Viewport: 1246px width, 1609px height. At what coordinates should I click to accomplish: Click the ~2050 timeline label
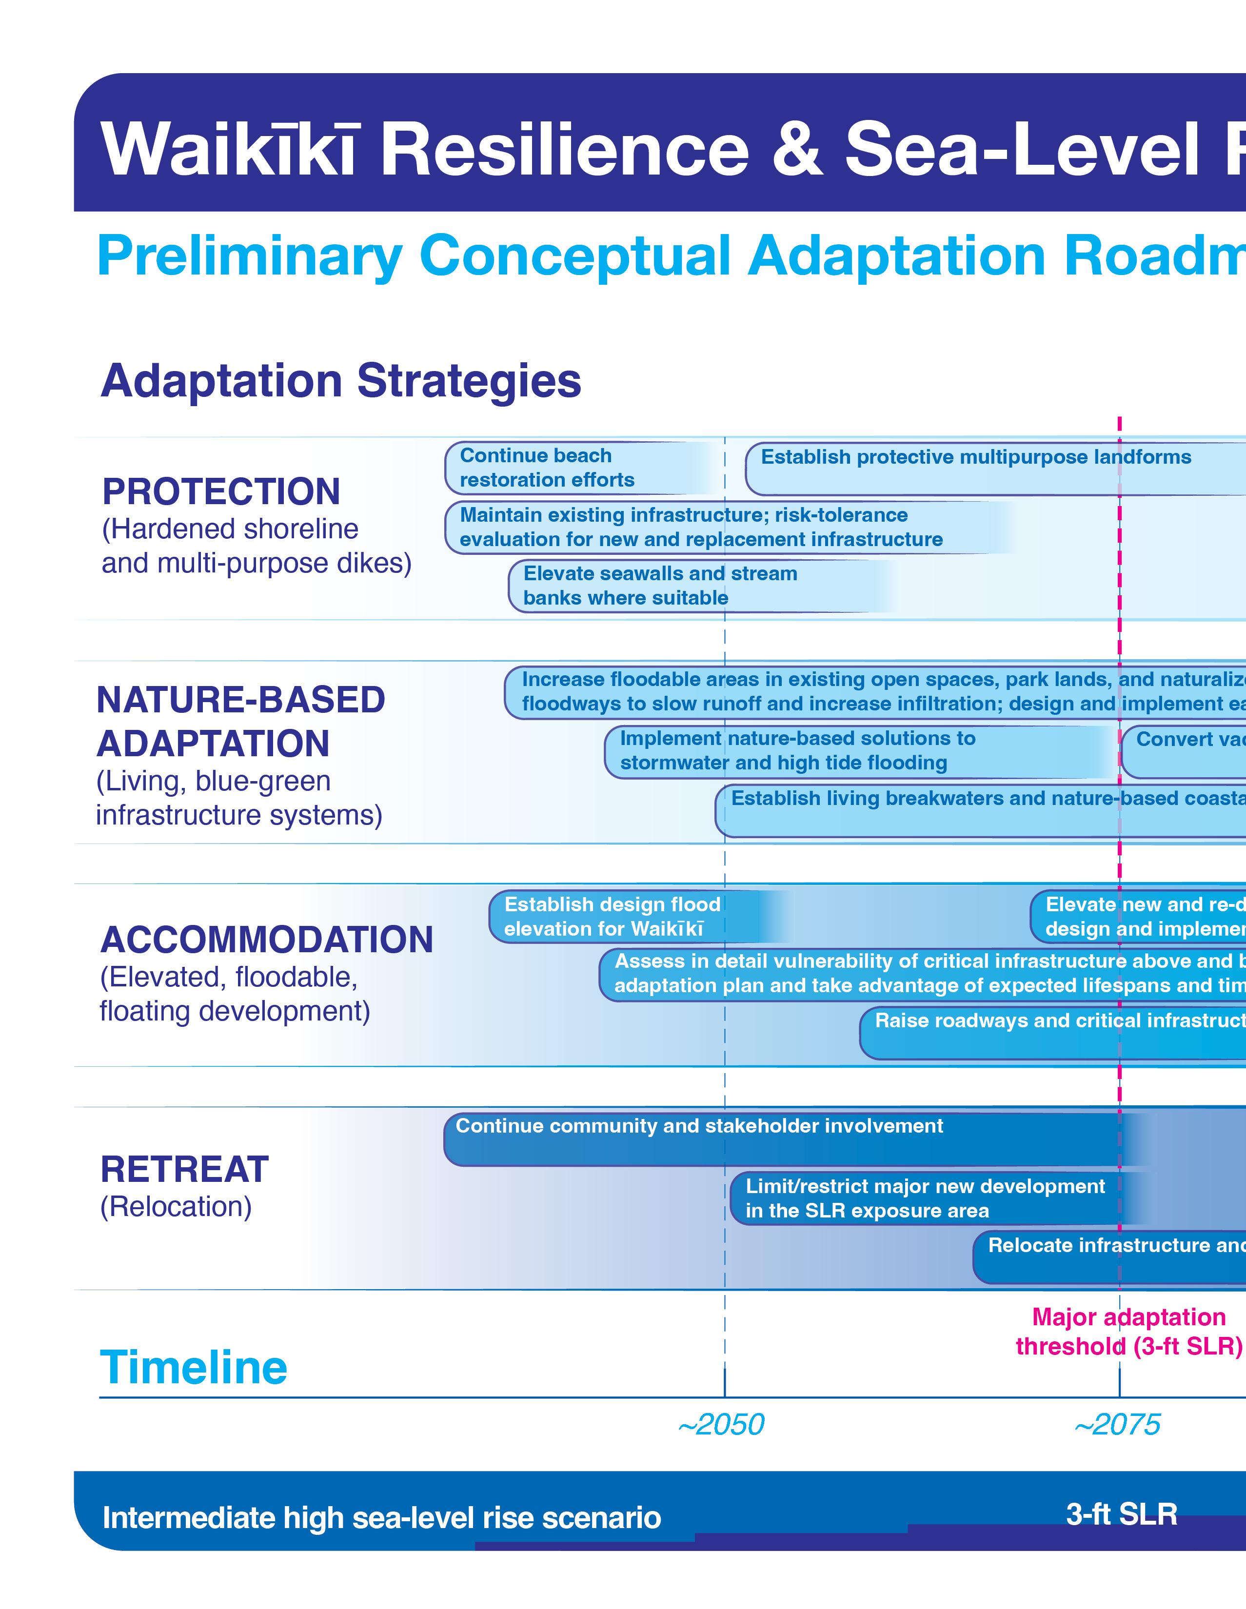[721, 1424]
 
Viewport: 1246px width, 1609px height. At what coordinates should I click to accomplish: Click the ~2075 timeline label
[1117, 1424]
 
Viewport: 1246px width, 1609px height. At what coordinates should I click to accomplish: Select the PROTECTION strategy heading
[221, 491]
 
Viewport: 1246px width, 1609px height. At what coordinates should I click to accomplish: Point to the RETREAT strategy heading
[184, 1169]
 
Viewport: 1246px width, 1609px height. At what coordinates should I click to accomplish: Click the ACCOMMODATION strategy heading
[267, 940]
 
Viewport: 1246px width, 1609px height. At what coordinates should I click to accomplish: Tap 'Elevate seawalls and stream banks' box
[660, 586]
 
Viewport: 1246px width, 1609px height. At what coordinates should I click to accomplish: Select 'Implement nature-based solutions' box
[798, 751]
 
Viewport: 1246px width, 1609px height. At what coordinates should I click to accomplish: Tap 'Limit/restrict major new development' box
[925, 1198]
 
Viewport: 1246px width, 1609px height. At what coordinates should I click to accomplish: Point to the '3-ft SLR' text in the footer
[1122, 1514]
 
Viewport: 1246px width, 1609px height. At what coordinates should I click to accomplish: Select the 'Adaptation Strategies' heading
[340, 381]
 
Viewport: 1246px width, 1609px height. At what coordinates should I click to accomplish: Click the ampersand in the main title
[797, 148]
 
